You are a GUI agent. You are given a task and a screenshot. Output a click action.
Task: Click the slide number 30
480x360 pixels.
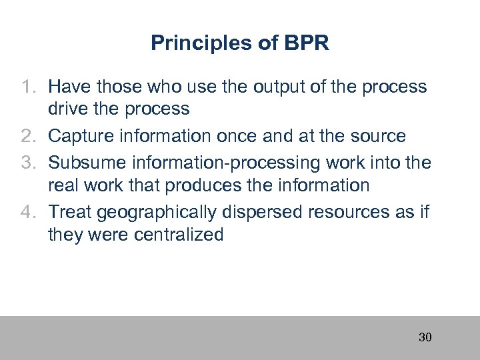coord(425,337)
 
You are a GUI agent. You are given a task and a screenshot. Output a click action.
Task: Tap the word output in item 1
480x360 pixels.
coord(257,87)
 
